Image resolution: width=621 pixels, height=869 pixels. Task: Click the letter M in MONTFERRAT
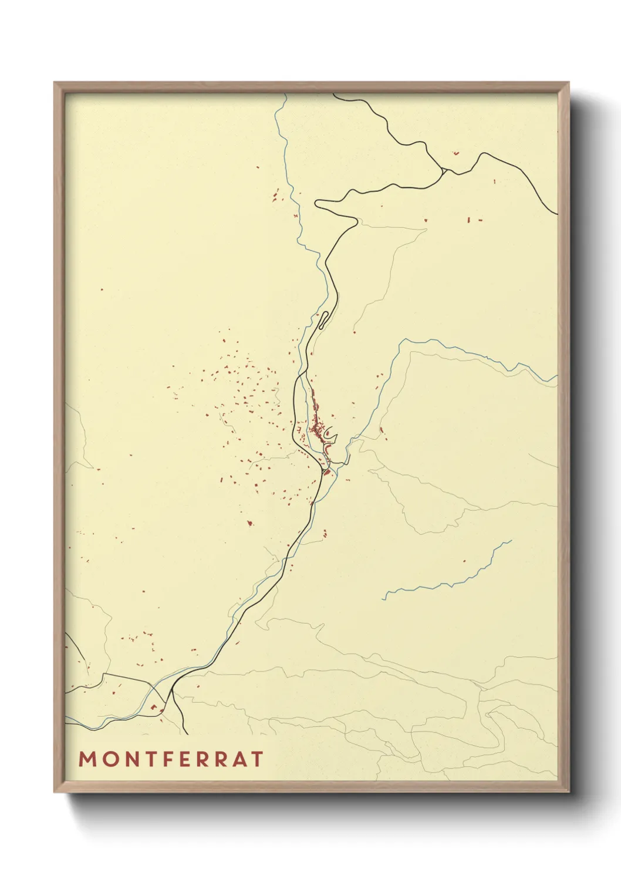pos(87,759)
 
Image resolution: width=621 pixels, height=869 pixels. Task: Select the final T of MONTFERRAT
pos(256,759)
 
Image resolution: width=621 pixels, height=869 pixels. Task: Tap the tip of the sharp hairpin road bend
pos(316,203)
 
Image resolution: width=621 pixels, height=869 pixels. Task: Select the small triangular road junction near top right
pos(445,171)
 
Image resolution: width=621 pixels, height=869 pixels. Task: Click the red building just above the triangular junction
pos(455,153)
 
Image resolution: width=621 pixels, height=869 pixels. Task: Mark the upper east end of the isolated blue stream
pos(511,541)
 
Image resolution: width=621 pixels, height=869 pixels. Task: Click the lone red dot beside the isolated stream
pos(464,561)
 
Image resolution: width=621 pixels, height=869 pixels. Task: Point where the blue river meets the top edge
pos(285,95)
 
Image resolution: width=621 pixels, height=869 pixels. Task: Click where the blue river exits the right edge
pos(556,379)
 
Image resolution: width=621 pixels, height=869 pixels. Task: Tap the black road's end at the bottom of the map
pos(186,733)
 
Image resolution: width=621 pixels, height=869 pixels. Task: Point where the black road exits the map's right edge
pos(556,214)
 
